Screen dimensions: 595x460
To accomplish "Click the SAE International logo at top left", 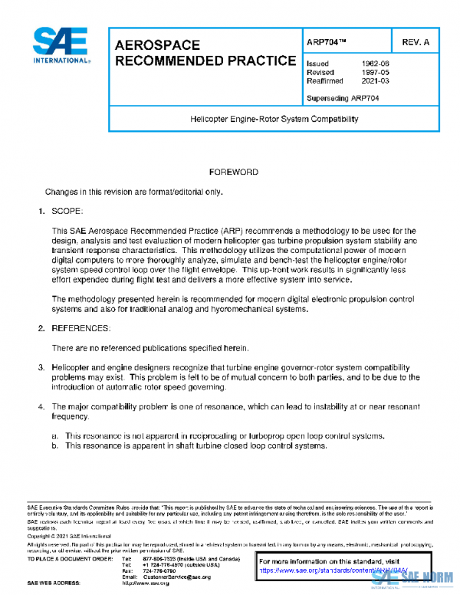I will tap(61, 46).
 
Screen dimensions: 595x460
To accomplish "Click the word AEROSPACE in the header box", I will tap(157, 46).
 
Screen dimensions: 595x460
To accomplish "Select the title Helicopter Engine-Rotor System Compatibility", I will tap(274, 120).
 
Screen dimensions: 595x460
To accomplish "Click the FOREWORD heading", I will tap(233, 173).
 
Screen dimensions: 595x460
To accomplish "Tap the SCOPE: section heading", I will tap(72, 210).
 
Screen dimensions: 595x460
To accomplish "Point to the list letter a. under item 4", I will tap(55, 436).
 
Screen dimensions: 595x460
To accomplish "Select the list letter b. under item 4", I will tap(55, 445).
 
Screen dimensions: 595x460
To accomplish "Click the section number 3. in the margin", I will tap(42, 368).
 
